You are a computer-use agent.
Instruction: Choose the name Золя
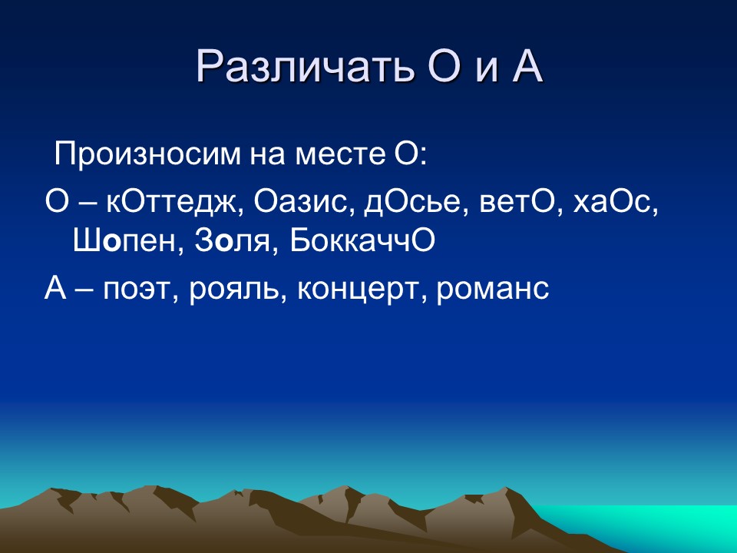coord(230,242)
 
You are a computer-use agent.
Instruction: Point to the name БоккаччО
coord(362,242)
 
